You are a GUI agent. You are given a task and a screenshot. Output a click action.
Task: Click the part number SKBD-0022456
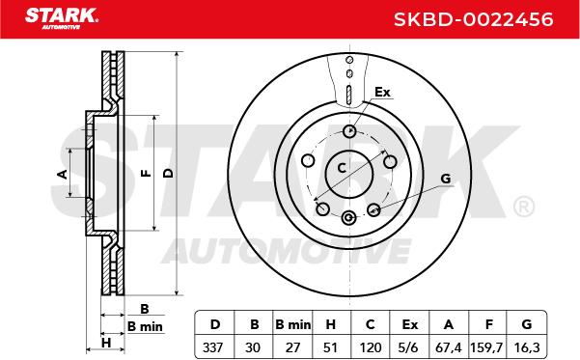click(473, 19)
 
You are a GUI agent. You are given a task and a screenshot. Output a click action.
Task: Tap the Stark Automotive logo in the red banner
click(62, 18)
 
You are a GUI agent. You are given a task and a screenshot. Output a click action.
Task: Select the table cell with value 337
click(213, 347)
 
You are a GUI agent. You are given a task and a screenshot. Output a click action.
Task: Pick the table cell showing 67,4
click(449, 347)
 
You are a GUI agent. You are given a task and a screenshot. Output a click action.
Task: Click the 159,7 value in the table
click(486, 347)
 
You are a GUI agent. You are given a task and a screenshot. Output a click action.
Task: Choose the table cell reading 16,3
click(527, 347)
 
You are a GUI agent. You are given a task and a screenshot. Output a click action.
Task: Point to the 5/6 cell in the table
click(409, 347)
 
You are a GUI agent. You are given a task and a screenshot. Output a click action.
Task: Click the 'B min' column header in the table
click(293, 324)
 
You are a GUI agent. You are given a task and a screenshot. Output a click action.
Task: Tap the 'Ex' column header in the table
click(410, 324)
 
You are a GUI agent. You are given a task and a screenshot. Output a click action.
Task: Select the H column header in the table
click(331, 324)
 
